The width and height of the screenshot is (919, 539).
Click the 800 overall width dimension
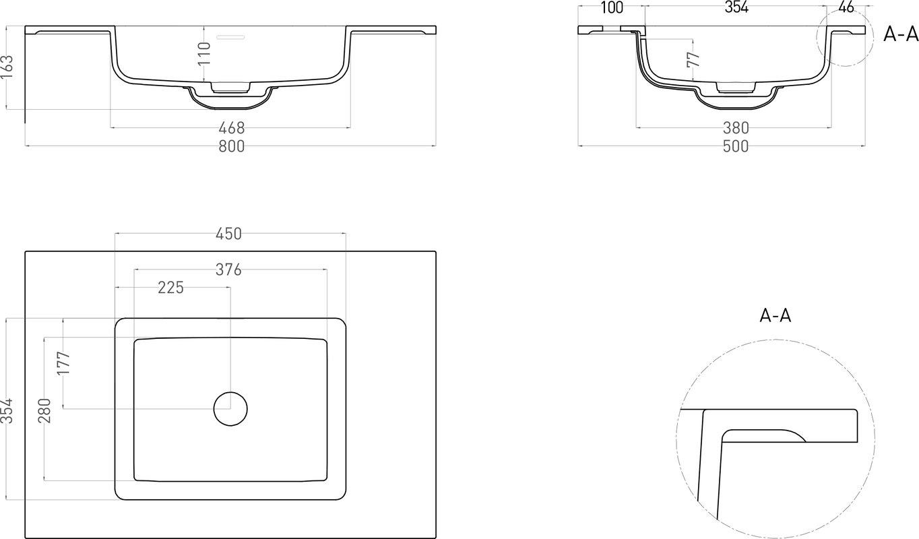(231, 146)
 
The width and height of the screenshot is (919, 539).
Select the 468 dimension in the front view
(231, 128)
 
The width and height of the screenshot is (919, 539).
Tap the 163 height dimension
(7, 67)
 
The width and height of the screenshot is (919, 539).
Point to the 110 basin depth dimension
(204, 53)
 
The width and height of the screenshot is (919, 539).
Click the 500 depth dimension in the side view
(736, 146)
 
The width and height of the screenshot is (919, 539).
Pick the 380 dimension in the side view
(736, 128)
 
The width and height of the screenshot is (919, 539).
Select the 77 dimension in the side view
(693, 60)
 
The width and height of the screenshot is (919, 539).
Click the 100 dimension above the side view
(612, 7)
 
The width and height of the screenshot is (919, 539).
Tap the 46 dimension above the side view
(846, 7)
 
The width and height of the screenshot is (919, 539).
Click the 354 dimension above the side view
(736, 7)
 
